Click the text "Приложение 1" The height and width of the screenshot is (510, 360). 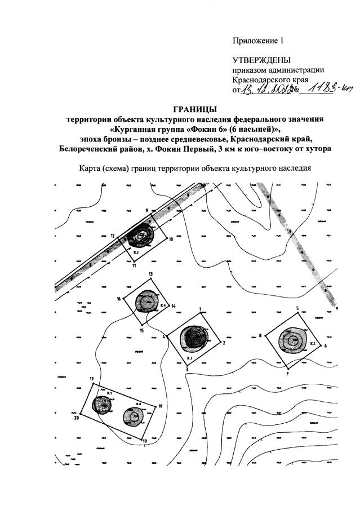click(256, 41)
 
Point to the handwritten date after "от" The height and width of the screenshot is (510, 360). click(264, 91)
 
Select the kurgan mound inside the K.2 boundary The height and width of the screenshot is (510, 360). click(293, 341)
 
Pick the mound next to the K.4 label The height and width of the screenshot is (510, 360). click(148, 301)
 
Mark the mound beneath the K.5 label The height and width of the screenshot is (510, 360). click(103, 403)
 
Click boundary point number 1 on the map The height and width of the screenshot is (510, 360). click(200, 309)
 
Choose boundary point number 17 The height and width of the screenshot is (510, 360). click(91, 378)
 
